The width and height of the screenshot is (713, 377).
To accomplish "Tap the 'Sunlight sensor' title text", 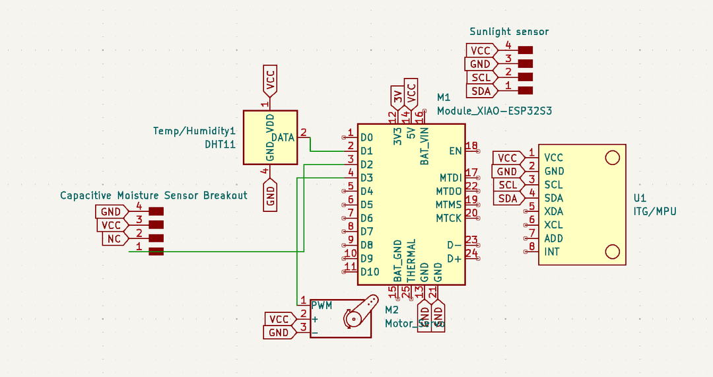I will point(509,32).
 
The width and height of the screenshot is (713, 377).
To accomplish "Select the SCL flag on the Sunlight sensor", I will point(481,77).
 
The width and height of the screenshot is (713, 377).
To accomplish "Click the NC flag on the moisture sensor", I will point(114,238).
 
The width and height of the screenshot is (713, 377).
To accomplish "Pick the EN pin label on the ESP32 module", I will point(456,151).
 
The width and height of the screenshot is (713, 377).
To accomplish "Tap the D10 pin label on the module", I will point(370,271).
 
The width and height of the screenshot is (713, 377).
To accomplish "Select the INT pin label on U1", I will point(552,252).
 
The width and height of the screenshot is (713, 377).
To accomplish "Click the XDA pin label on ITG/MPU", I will point(553,211).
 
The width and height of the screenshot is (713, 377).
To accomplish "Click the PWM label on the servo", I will point(322,305).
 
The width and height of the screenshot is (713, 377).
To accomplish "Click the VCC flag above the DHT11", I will point(269,80).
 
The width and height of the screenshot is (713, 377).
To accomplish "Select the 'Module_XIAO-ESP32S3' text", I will point(494,111).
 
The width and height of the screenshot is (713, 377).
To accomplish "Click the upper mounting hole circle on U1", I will point(613,157).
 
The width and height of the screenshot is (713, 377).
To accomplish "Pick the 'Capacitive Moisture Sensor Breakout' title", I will point(154,195).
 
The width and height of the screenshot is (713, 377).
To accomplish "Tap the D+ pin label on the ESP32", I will point(454,258).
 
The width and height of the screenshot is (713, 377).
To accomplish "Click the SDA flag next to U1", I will point(508,199).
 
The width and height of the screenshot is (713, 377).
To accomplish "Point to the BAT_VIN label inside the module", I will point(424,147).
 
